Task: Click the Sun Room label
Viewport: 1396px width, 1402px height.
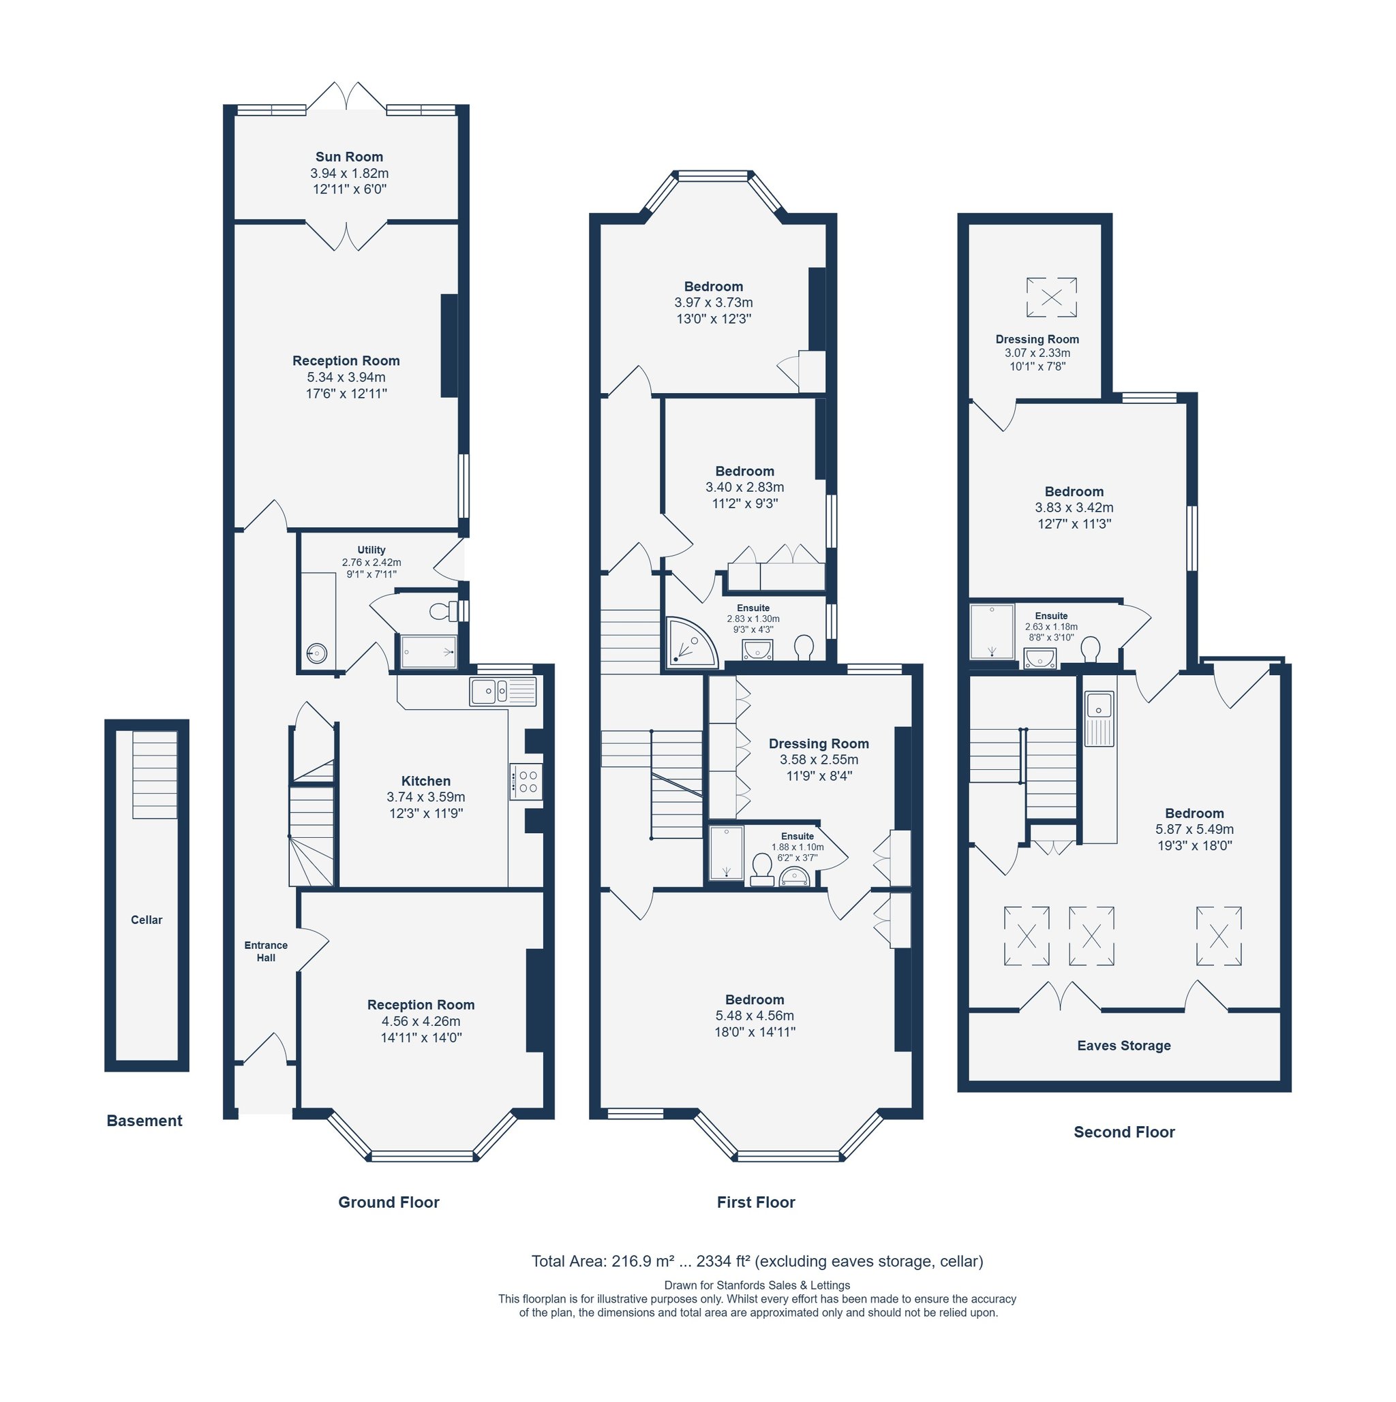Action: [x=349, y=157]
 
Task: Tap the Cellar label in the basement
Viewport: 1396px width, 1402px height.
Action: [x=147, y=920]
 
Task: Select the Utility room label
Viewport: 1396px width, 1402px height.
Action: [x=371, y=550]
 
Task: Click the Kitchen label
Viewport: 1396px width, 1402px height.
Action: [x=426, y=781]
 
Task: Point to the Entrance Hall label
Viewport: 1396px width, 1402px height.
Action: [x=266, y=951]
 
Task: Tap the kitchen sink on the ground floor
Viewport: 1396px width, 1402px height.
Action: [x=503, y=691]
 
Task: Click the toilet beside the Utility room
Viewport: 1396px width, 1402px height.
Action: [x=444, y=611]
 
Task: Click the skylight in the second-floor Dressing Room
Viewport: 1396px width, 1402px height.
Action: [x=1051, y=297]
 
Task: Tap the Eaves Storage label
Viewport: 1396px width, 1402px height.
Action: [x=1124, y=1046]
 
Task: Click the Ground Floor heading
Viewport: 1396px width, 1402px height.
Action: [x=389, y=1202]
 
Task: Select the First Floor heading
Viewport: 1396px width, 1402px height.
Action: [x=756, y=1202]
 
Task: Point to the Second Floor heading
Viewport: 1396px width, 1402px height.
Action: [x=1124, y=1132]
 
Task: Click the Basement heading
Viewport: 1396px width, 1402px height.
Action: [x=145, y=1121]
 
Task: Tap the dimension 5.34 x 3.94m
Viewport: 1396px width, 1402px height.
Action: [x=346, y=377]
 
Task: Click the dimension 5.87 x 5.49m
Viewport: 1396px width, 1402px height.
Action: [x=1194, y=828]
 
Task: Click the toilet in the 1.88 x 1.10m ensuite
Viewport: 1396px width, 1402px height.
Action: [x=762, y=870]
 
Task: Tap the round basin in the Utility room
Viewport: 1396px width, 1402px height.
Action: [x=316, y=654]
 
